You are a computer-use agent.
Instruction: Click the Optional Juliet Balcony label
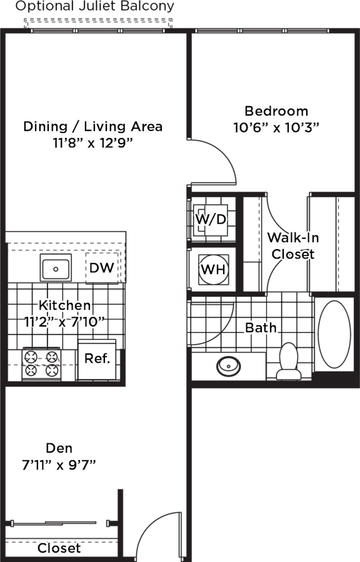[95, 6]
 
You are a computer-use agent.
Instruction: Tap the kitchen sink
[56, 267]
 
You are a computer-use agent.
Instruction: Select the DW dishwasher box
[102, 268]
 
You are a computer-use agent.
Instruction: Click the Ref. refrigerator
[97, 360]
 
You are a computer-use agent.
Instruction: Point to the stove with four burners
[41, 364]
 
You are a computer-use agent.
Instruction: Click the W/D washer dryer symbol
[211, 219]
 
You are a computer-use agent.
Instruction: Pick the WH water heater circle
[214, 270]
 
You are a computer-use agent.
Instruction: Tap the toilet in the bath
[289, 362]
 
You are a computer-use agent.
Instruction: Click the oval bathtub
[334, 334]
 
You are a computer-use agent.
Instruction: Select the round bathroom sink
[228, 366]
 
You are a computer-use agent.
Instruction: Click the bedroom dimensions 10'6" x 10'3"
[276, 127]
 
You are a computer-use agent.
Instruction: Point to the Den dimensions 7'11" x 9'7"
[59, 465]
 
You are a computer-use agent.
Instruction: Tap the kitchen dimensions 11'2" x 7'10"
[65, 322]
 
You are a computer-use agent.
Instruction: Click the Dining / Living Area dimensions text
[93, 144]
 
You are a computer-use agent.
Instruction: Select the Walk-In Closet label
[293, 246]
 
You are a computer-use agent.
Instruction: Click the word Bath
[261, 328]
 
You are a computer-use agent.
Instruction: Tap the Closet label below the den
[59, 548]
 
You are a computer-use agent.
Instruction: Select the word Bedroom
[276, 111]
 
